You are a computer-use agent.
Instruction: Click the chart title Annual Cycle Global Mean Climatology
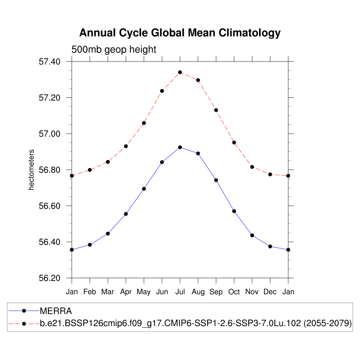coord(180,33)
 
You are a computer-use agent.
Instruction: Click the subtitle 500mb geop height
coord(114,50)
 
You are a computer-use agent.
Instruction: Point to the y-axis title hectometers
coord(32,170)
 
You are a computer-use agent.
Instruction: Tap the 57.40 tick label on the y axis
coord(50,62)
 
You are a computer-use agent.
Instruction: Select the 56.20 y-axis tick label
coord(50,278)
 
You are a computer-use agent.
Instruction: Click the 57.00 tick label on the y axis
coord(50,134)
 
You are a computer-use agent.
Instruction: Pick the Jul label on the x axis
coord(180,292)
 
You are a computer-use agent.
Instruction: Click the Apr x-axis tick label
coord(126,292)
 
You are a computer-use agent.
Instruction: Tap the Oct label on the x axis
coord(234,292)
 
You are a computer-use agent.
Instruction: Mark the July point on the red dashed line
coord(180,72)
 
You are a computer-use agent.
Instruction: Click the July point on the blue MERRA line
coord(180,147)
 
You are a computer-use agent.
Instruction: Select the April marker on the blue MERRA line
coord(126,214)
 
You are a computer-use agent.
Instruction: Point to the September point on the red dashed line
coord(216,110)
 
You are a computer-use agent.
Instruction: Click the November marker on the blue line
coord(252,235)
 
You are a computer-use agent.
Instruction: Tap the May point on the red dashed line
coord(144,123)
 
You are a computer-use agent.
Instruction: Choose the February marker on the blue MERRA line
coord(90,245)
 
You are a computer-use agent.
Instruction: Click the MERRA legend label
coord(56,311)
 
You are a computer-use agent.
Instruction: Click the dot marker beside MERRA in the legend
coord(24,311)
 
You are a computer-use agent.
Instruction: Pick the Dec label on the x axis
coord(270,292)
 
